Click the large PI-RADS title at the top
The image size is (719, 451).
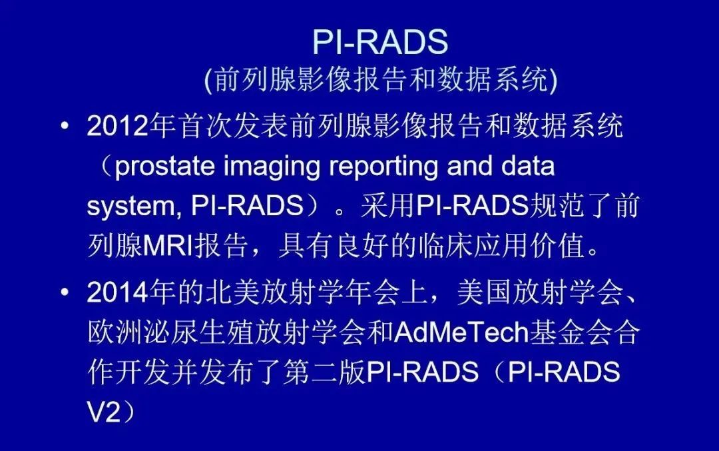coord(379,43)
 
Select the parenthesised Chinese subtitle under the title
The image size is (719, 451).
coord(380,81)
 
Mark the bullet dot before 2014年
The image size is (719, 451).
coord(64,292)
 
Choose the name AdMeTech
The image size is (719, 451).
coord(461,332)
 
